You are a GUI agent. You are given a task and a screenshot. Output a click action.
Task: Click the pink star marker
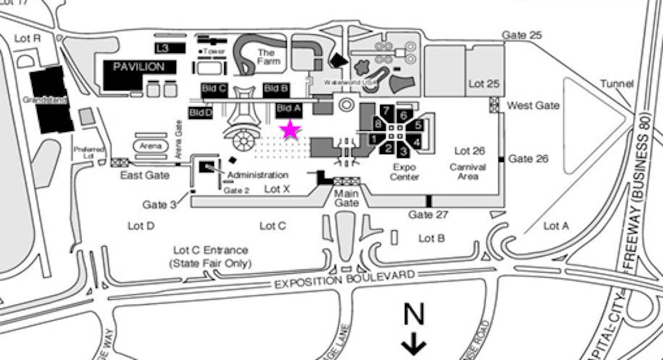[x=291, y=130]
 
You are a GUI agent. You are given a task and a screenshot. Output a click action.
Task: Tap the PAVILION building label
[x=139, y=67]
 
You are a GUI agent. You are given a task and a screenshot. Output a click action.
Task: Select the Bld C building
[x=215, y=88]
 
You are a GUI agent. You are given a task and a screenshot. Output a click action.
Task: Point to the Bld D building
[x=200, y=113]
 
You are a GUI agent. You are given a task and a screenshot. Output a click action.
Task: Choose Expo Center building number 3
[x=404, y=150]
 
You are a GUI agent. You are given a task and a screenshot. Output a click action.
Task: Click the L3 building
[x=162, y=49]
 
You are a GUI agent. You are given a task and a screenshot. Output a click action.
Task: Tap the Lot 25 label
[x=484, y=84]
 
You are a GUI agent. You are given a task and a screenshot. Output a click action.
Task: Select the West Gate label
[x=533, y=105]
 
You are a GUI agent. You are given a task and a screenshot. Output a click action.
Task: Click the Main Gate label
[x=346, y=198]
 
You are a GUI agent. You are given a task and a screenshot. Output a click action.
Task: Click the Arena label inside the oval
[x=150, y=146]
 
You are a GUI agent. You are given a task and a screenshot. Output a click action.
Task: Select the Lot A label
[x=556, y=225]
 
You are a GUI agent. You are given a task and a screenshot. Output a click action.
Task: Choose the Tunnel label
[x=617, y=84]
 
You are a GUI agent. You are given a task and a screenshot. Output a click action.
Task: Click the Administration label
[x=257, y=175]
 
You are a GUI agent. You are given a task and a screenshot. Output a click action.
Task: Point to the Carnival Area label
[x=467, y=171]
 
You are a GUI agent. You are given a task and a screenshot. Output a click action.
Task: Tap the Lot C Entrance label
[x=211, y=257]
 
